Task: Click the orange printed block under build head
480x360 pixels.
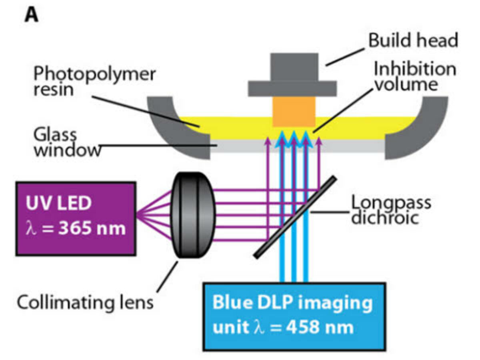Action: point(294,112)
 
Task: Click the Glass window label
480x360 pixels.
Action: point(66,142)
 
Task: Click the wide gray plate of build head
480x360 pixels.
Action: point(294,88)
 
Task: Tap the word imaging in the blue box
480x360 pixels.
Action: point(340,304)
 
